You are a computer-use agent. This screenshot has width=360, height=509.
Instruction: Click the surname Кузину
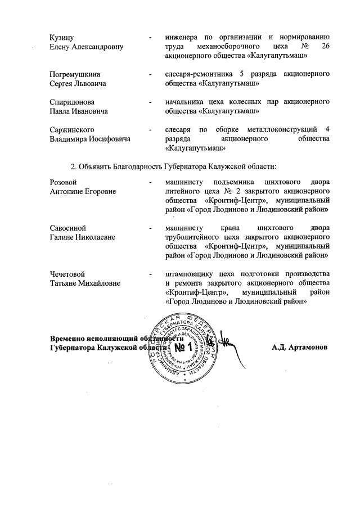tap(62, 37)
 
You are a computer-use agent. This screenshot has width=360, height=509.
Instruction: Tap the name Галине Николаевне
tap(83, 237)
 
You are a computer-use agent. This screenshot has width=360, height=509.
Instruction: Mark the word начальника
tap(185, 102)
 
